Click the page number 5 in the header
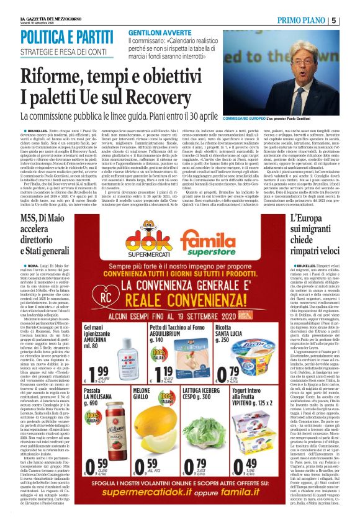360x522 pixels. tap(352, 20)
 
